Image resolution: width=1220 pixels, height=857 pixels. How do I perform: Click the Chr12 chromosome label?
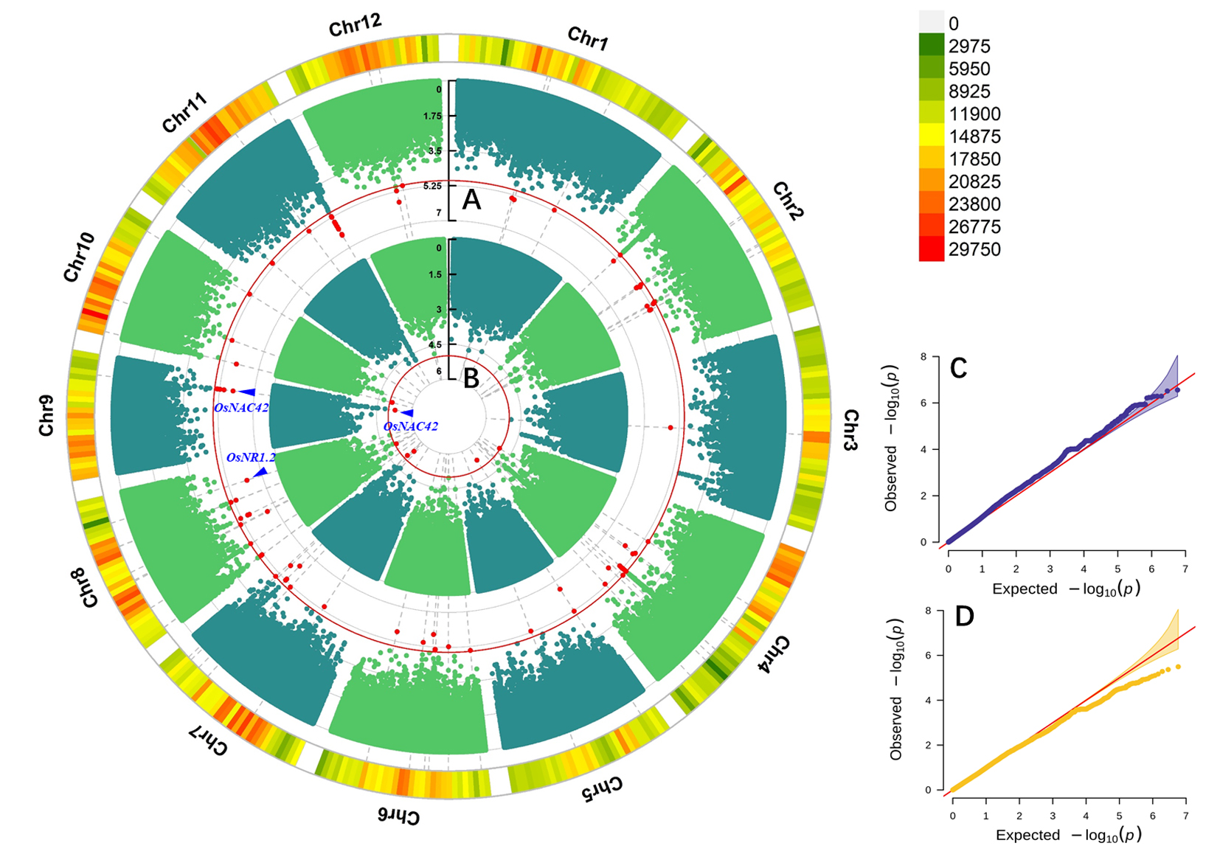click(355, 26)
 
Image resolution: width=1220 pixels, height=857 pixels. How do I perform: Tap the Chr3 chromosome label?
click(850, 430)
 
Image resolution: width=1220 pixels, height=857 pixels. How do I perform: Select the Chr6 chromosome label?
click(398, 816)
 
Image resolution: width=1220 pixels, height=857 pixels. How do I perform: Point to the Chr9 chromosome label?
click(46, 415)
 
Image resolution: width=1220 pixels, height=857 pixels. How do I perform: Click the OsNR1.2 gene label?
click(251, 458)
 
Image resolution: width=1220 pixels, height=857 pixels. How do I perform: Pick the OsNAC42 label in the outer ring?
click(241, 408)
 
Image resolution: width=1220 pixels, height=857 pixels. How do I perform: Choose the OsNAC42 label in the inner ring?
click(411, 426)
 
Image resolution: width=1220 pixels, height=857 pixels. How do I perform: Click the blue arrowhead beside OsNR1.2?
click(260, 472)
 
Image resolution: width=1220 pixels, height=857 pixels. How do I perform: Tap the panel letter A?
click(471, 200)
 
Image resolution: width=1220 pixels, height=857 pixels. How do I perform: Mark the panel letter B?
click(471, 378)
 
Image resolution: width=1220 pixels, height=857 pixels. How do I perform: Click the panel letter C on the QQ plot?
click(958, 368)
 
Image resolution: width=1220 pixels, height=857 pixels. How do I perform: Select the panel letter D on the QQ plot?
click(964, 616)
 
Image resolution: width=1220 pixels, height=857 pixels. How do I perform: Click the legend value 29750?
click(974, 249)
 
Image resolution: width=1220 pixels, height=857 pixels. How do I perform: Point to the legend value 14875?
click(974, 136)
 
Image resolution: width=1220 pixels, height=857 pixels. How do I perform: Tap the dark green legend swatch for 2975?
click(932, 45)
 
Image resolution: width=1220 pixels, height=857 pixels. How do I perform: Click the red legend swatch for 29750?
click(932, 249)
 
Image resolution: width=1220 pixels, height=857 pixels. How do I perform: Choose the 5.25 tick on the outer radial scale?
click(433, 186)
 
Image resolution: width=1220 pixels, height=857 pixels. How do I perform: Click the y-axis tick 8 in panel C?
click(923, 357)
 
